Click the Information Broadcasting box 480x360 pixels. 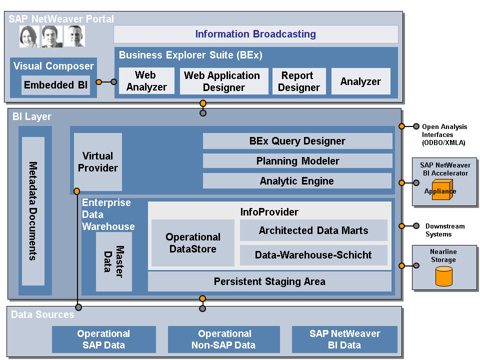pyautogui.click(x=255, y=34)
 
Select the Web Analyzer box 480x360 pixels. pyautogui.click(x=146, y=81)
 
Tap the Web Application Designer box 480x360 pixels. pyautogui.click(x=222, y=81)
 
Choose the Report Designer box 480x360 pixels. pyautogui.click(x=298, y=81)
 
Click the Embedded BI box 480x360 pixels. pyautogui.click(x=55, y=85)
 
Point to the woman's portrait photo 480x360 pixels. pyautogui.click(x=29, y=36)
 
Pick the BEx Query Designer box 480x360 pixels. pyautogui.click(x=297, y=141)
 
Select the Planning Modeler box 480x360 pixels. pyautogui.click(x=297, y=161)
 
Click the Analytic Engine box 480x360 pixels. pyautogui.click(x=297, y=181)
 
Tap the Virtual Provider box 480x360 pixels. pyautogui.click(x=98, y=161)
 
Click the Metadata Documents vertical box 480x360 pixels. pyautogui.click(x=33, y=211)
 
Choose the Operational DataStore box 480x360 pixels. pyautogui.click(x=193, y=243)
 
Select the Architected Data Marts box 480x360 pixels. pyautogui.click(x=313, y=230)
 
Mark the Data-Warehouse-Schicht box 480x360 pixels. pyautogui.click(x=313, y=255)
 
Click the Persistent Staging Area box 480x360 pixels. pyautogui.click(x=269, y=281)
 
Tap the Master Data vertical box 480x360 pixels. pyautogui.click(x=114, y=261)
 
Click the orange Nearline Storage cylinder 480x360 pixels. pyautogui.click(x=443, y=276)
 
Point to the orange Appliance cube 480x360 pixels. pyautogui.click(x=441, y=191)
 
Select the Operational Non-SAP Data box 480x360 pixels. pyautogui.click(x=223, y=339)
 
